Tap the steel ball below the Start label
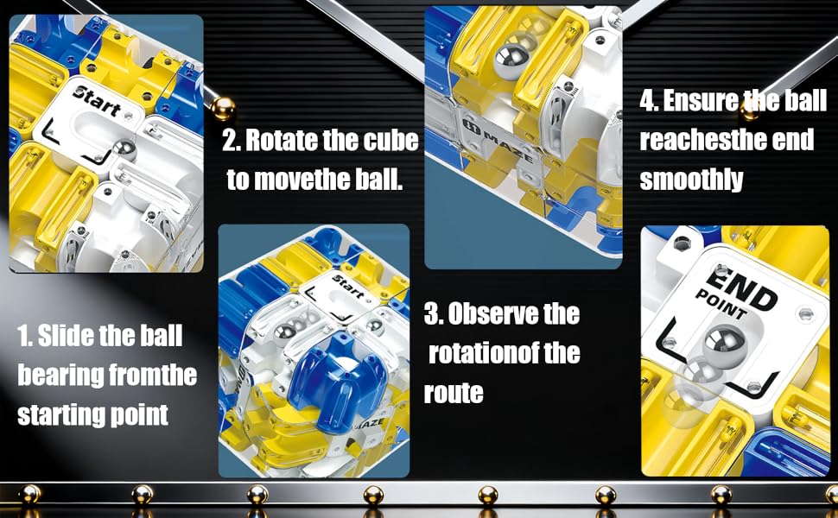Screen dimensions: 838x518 (124, 149)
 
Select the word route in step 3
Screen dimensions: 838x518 (454, 394)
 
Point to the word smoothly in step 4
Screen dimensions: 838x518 (691, 180)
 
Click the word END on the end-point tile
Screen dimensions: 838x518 (740, 288)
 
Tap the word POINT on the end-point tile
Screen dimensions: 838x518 (720, 304)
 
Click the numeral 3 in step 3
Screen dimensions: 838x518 (432, 314)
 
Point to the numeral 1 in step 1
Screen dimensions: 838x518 (22, 336)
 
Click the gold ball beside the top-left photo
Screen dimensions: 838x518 (223, 109)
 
